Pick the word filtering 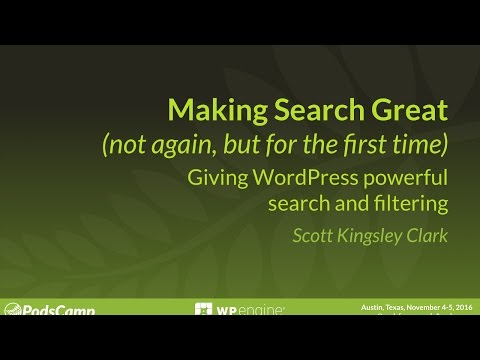pyautogui.click(x=407, y=204)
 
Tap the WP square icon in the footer pyautogui.click(x=204, y=311)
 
